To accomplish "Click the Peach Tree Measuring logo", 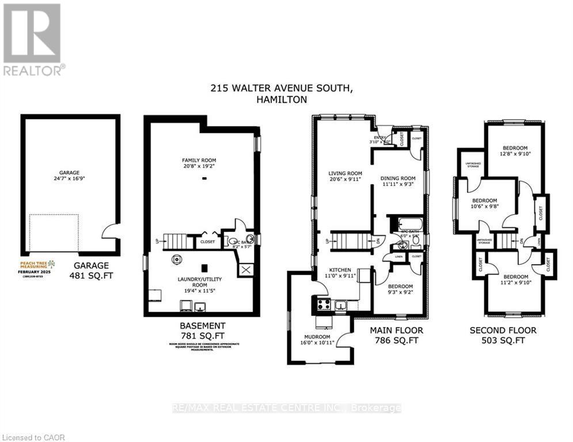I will tap(37, 267).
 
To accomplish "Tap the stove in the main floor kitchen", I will tap(324, 304).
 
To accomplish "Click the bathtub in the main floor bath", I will tap(406, 224).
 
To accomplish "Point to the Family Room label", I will tap(199, 160).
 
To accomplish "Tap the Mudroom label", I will tap(317, 337).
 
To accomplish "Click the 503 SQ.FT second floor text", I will tap(503, 340).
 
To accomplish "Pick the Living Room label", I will tap(345, 173).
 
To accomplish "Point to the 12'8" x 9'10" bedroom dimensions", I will tap(513, 154).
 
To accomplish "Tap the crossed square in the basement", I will tap(246, 269).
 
